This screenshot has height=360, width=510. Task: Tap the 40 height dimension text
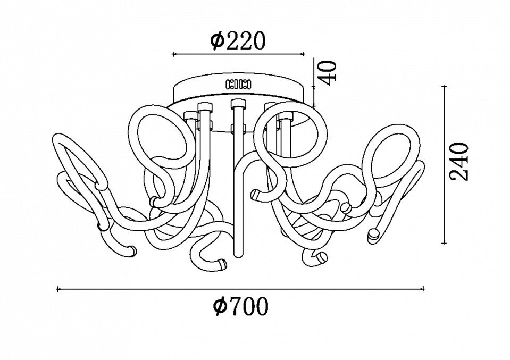329,72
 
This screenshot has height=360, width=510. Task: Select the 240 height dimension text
459,161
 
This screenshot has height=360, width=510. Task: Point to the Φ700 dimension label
241,306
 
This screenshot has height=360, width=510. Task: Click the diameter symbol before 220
218,41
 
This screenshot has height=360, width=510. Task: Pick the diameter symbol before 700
220,306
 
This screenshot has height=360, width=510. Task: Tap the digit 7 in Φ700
235,306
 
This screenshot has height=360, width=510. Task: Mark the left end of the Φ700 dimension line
57,289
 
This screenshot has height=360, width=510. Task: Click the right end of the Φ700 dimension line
423,289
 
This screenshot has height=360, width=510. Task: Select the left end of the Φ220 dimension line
173,54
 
